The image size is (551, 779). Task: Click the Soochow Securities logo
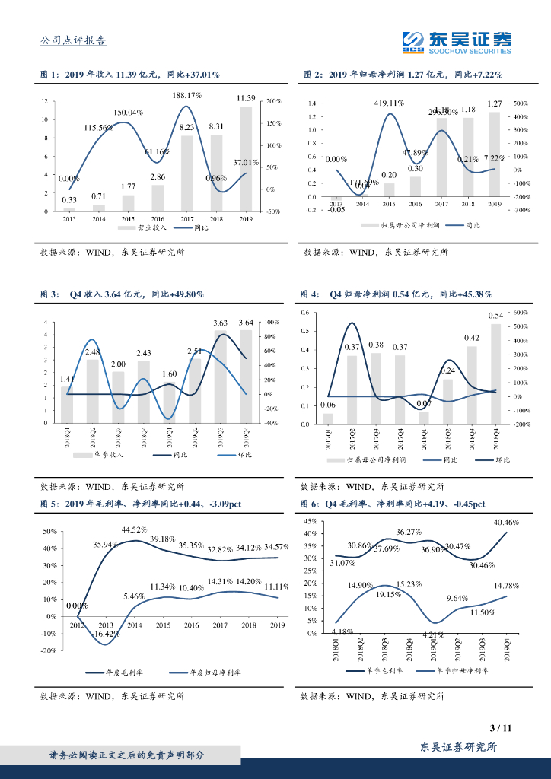tap(456, 42)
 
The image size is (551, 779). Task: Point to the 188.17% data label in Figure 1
tap(186, 95)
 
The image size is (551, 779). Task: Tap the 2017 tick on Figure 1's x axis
tap(187, 218)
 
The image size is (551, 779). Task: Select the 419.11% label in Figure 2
tap(389, 103)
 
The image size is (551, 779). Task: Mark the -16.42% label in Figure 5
tap(106, 633)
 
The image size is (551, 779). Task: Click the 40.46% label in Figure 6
tap(506, 523)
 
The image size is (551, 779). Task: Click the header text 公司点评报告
tap(72, 41)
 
